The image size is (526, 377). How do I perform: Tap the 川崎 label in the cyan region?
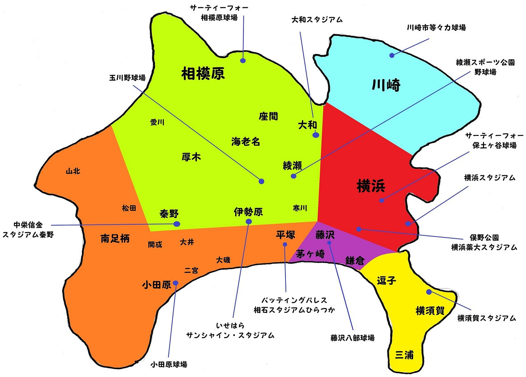tap(386, 86)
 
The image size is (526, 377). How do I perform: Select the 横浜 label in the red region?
tap(371, 187)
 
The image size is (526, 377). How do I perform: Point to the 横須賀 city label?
tap(430, 311)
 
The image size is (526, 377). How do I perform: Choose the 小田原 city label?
tap(156, 285)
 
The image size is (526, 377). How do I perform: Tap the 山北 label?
tap(73, 171)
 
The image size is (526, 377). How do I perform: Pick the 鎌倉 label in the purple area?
tap(355, 261)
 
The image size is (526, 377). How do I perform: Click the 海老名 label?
tap(245, 142)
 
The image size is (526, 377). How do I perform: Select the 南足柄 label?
tap(115, 239)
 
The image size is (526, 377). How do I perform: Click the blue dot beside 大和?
tap(316, 135)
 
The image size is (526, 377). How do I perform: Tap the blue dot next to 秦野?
tap(177, 224)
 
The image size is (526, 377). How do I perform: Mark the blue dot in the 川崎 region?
tap(392, 55)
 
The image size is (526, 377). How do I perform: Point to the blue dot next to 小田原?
tap(176, 283)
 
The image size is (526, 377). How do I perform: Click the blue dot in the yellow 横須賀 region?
tap(429, 292)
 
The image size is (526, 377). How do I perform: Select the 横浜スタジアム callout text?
tap(489, 178)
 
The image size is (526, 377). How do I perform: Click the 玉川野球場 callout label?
tap(127, 77)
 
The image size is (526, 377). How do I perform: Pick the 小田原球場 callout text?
tap(169, 364)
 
